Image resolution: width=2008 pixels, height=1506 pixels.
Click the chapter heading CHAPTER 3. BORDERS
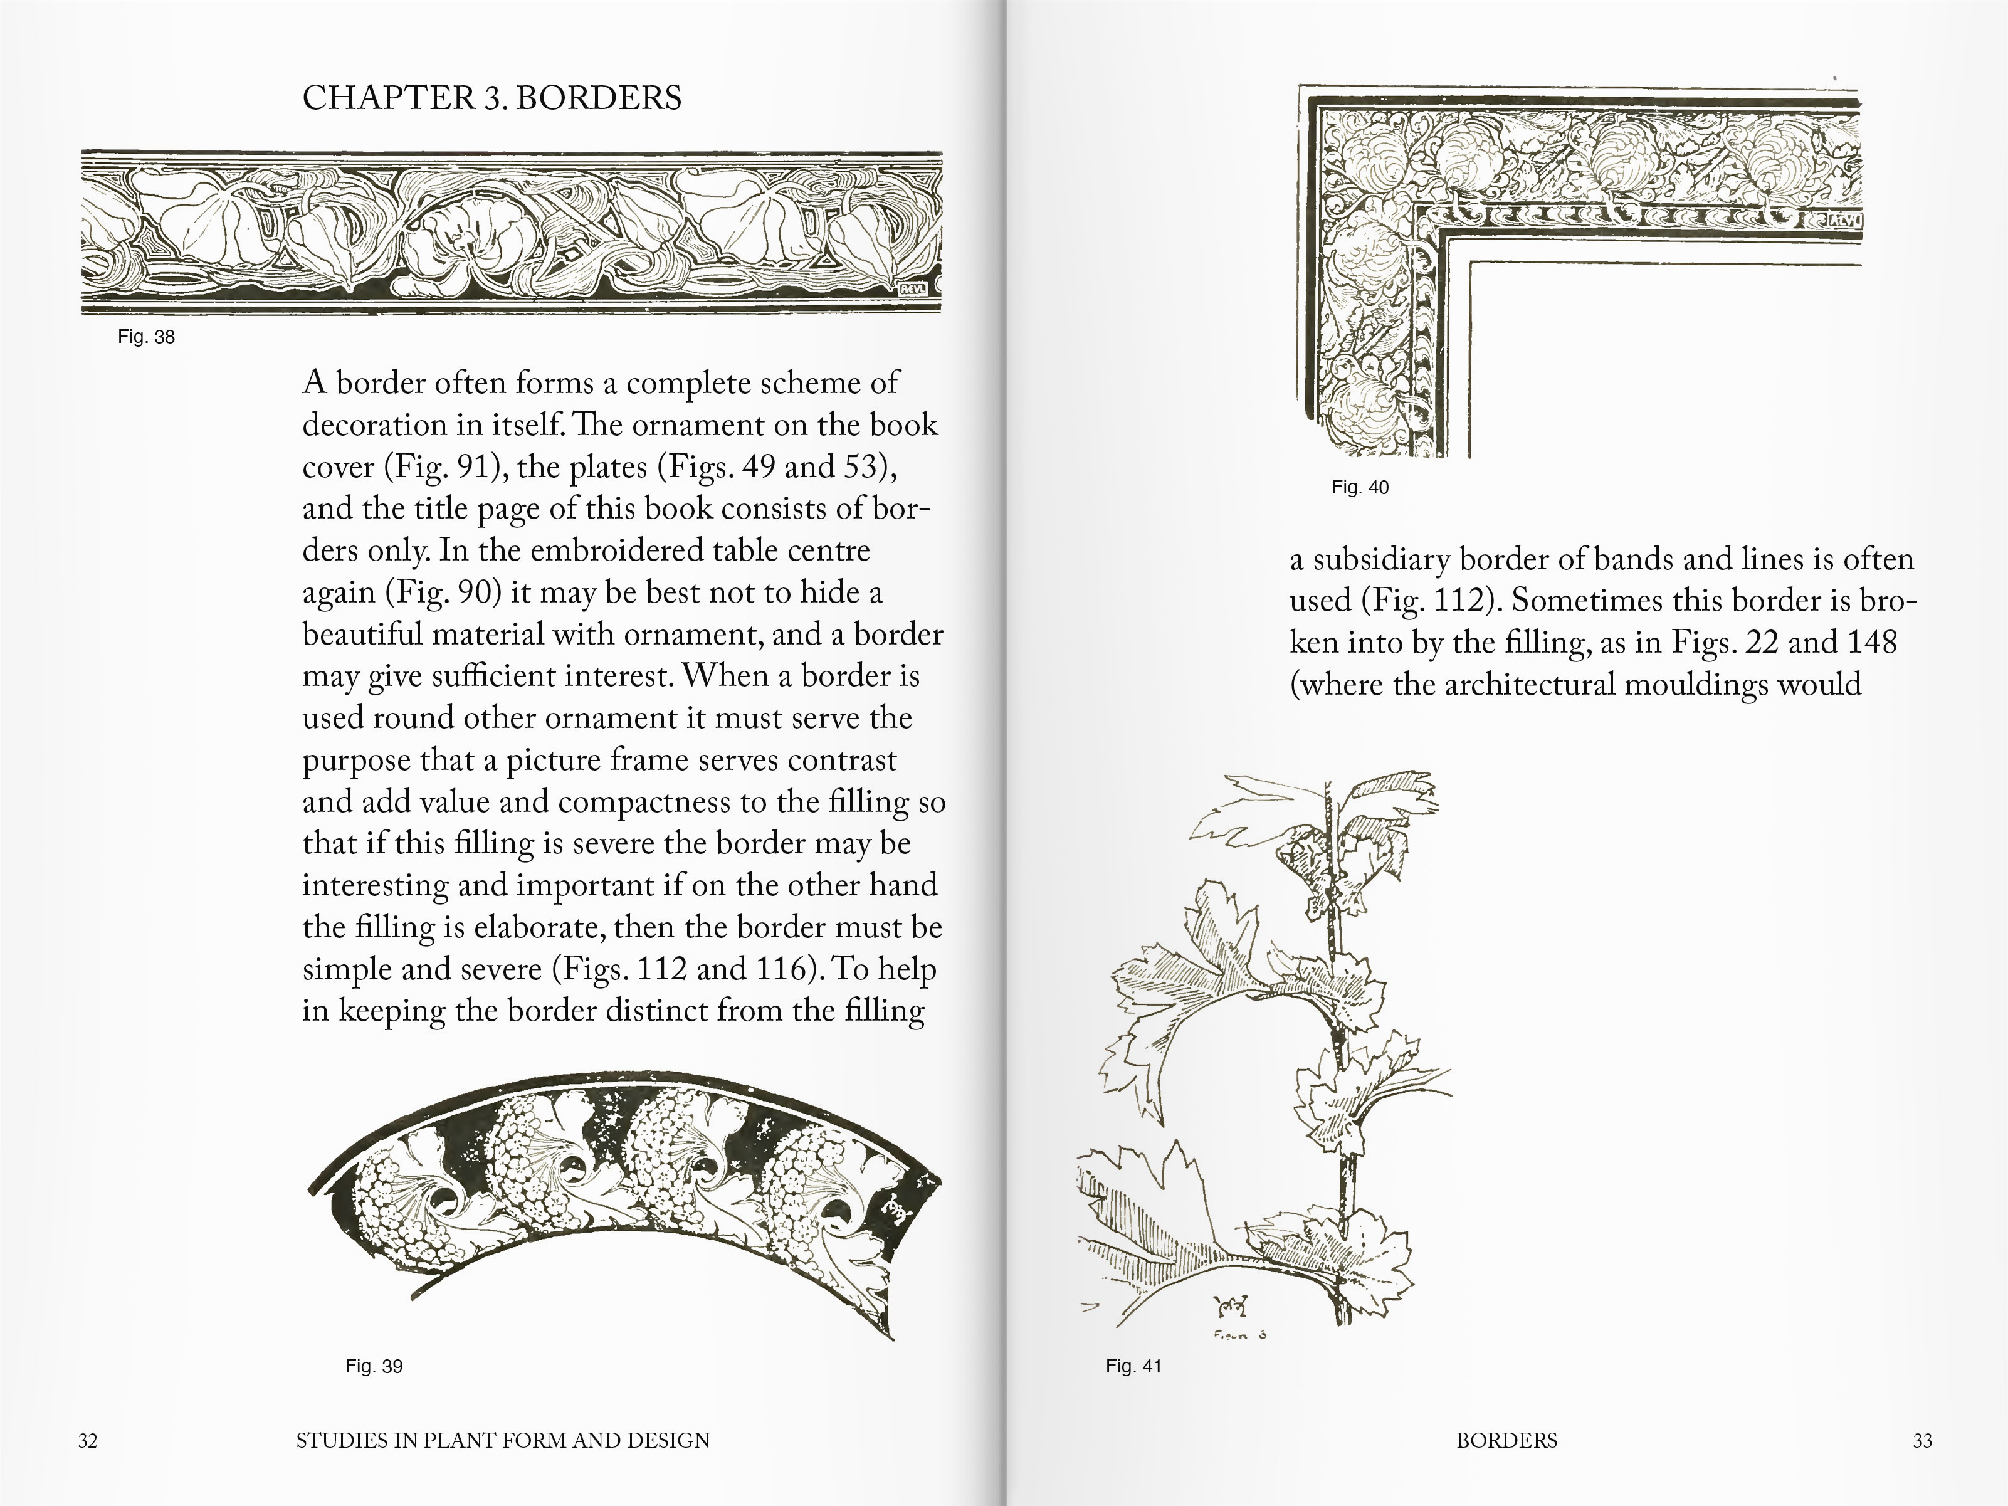coord(491,98)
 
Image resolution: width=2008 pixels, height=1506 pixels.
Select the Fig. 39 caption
coord(373,1366)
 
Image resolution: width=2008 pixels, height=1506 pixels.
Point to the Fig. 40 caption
coord(1359,488)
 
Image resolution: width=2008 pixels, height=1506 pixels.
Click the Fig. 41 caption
coord(1133,1366)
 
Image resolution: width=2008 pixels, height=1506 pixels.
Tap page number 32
coord(87,1441)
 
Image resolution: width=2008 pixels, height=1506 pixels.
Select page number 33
coord(1921,1441)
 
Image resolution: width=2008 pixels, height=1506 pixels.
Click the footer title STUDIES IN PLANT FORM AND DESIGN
coord(502,1441)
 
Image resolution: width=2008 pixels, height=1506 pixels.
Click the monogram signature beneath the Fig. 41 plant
coord(1232,1308)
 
